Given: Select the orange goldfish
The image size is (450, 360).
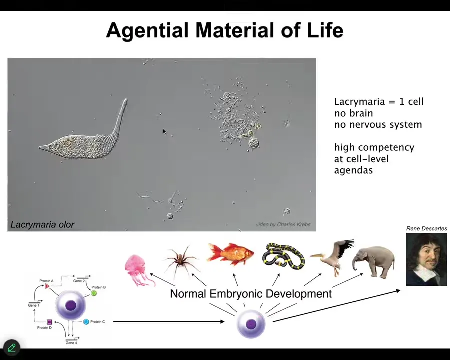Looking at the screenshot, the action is (x=230, y=254).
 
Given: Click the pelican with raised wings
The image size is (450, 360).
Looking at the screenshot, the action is (x=334, y=257).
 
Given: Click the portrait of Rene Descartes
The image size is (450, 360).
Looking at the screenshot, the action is (x=426, y=259).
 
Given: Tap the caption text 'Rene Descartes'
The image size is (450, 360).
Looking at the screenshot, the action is (x=427, y=229).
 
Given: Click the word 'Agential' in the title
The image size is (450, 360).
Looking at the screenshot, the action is (x=147, y=30).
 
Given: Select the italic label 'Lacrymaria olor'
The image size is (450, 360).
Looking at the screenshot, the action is (x=42, y=224).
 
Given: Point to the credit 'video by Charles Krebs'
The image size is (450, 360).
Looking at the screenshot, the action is (x=283, y=224).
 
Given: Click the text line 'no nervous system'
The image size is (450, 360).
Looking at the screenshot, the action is (x=378, y=125).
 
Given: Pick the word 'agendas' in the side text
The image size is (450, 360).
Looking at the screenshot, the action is (x=353, y=171).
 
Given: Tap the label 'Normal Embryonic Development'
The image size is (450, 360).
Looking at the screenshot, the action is (x=251, y=294).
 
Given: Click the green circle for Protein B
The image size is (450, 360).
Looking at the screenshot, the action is (x=94, y=293).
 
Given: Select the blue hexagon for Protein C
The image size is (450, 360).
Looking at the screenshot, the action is (x=86, y=322).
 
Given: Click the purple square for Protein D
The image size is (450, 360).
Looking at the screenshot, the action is (x=49, y=322).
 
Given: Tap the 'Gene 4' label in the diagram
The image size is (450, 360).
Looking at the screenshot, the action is (x=71, y=343).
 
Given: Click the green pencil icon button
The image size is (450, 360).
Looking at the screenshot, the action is (x=12, y=348).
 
